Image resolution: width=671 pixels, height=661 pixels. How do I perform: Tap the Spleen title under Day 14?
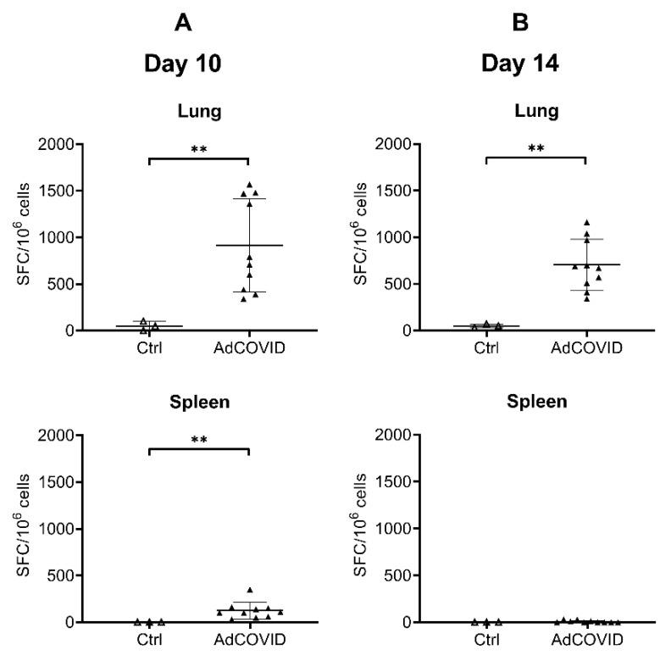[x=536, y=401]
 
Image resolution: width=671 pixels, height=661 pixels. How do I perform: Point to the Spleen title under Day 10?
[x=199, y=401]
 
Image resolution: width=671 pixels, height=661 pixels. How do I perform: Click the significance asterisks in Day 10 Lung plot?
[x=199, y=150]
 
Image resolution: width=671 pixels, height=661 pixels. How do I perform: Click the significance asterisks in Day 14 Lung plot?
[x=536, y=150]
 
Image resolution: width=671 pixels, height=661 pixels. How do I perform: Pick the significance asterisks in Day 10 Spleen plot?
[x=199, y=441]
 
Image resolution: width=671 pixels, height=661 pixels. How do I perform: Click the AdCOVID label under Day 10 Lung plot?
[x=249, y=347]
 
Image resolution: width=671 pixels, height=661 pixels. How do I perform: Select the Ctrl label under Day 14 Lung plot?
[x=486, y=347]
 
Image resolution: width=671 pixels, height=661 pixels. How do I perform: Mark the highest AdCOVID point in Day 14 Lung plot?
[x=586, y=223]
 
